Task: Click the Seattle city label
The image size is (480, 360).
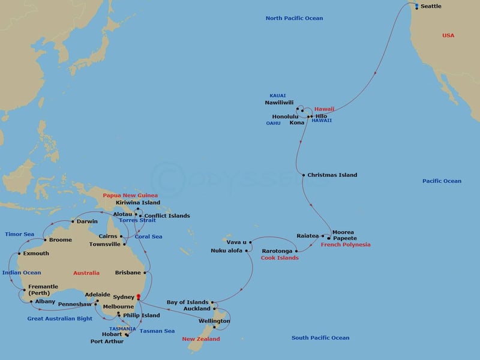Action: coord(431,7)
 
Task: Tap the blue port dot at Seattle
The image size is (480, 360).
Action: coord(417,5)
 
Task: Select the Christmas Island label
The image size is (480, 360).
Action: coord(332,175)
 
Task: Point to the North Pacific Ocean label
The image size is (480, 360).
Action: coord(294,19)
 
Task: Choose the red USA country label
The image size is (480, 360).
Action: coord(448,35)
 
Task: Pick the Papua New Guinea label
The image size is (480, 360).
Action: coord(130,196)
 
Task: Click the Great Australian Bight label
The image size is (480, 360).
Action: coord(60,319)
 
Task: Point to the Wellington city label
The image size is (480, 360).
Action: coord(214,321)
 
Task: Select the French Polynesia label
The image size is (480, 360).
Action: coord(346,245)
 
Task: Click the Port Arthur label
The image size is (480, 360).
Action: coord(107,341)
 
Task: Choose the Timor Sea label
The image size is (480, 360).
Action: coord(20,234)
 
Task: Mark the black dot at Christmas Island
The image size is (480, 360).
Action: coord(304,175)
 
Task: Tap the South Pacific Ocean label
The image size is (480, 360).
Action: coord(320,338)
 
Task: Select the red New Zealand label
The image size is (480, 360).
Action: coord(201,339)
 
